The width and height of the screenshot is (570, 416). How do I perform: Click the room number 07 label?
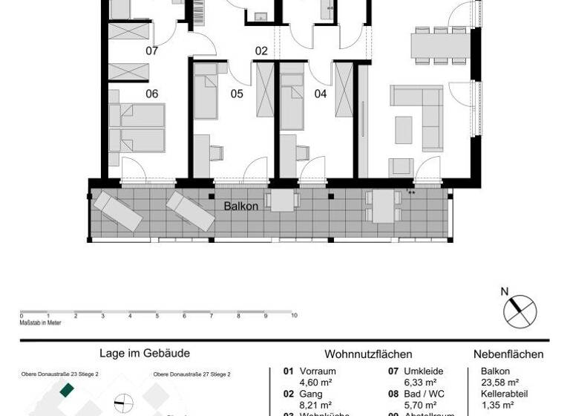click(x=151, y=51)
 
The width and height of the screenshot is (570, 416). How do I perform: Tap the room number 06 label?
click(x=151, y=94)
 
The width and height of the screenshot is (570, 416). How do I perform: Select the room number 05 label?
click(x=237, y=94)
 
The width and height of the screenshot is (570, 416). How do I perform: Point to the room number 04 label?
click(x=321, y=94)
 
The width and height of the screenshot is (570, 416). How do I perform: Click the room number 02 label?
click(x=261, y=51)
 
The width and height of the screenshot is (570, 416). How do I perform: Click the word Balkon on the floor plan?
click(x=241, y=206)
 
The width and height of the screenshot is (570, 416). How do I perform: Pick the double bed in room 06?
click(x=137, y=128)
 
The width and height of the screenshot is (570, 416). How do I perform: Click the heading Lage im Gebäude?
click(x=145, y=354)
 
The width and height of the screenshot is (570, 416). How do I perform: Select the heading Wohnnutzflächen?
click(x=368, y=354)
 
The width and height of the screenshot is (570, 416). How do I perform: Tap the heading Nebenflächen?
click(x=508, y=354)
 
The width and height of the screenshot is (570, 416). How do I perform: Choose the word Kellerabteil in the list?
click(x=503, y=394)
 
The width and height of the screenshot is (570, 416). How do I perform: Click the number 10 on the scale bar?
click(x=294, y=315)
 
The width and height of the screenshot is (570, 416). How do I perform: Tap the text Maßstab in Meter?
click(x=41, y=322)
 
